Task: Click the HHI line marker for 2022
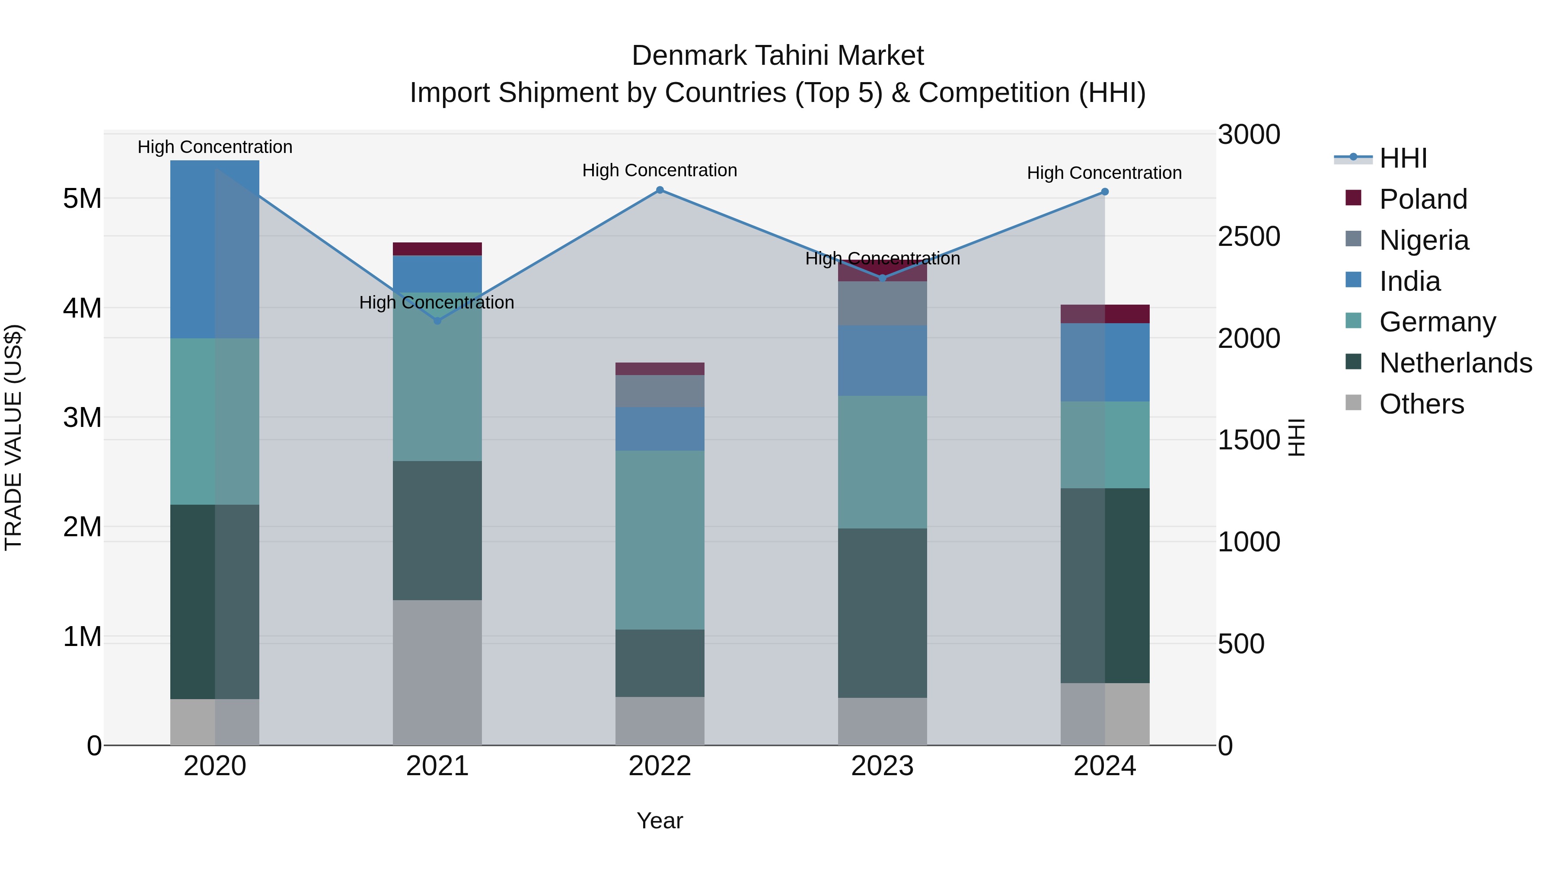pos(660,190)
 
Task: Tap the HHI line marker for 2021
pos(437,321)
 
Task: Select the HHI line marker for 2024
pos(1105,192)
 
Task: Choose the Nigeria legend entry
pos(1424,240)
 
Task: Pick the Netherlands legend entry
pos(1455,363)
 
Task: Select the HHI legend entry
pos(1403,158)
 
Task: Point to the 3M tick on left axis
pos(82,417)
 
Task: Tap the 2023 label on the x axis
pos(882,766)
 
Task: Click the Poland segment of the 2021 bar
pos(437,249)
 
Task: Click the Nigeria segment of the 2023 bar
pos(882,303)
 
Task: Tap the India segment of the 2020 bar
pos(214,249)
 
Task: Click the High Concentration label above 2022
pos(660,170)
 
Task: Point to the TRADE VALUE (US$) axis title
pos(13,437)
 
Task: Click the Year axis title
pos(660,821)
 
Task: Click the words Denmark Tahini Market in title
pos(778,56)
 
